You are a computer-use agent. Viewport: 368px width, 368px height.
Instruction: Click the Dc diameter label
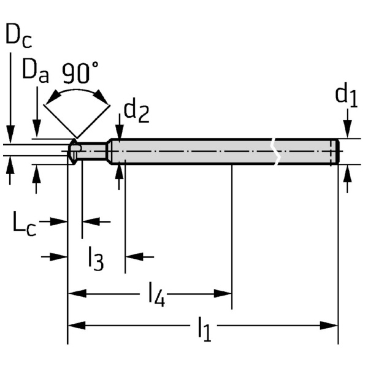[x=18, y=36]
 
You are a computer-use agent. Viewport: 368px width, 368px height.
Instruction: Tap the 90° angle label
[x=80, y=73]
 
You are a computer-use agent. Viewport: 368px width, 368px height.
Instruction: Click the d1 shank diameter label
[x=346, y=96]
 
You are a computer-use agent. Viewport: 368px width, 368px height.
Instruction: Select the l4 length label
[x=156, y=297]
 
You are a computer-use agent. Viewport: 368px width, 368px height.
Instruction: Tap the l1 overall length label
[x=204, y=329]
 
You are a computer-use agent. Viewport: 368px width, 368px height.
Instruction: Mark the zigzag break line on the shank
[x=277, y=151]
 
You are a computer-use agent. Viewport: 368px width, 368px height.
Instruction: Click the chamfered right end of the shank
[x=336, y=151]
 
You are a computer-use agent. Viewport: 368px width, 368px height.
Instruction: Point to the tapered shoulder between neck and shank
[x=109, y=150]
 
